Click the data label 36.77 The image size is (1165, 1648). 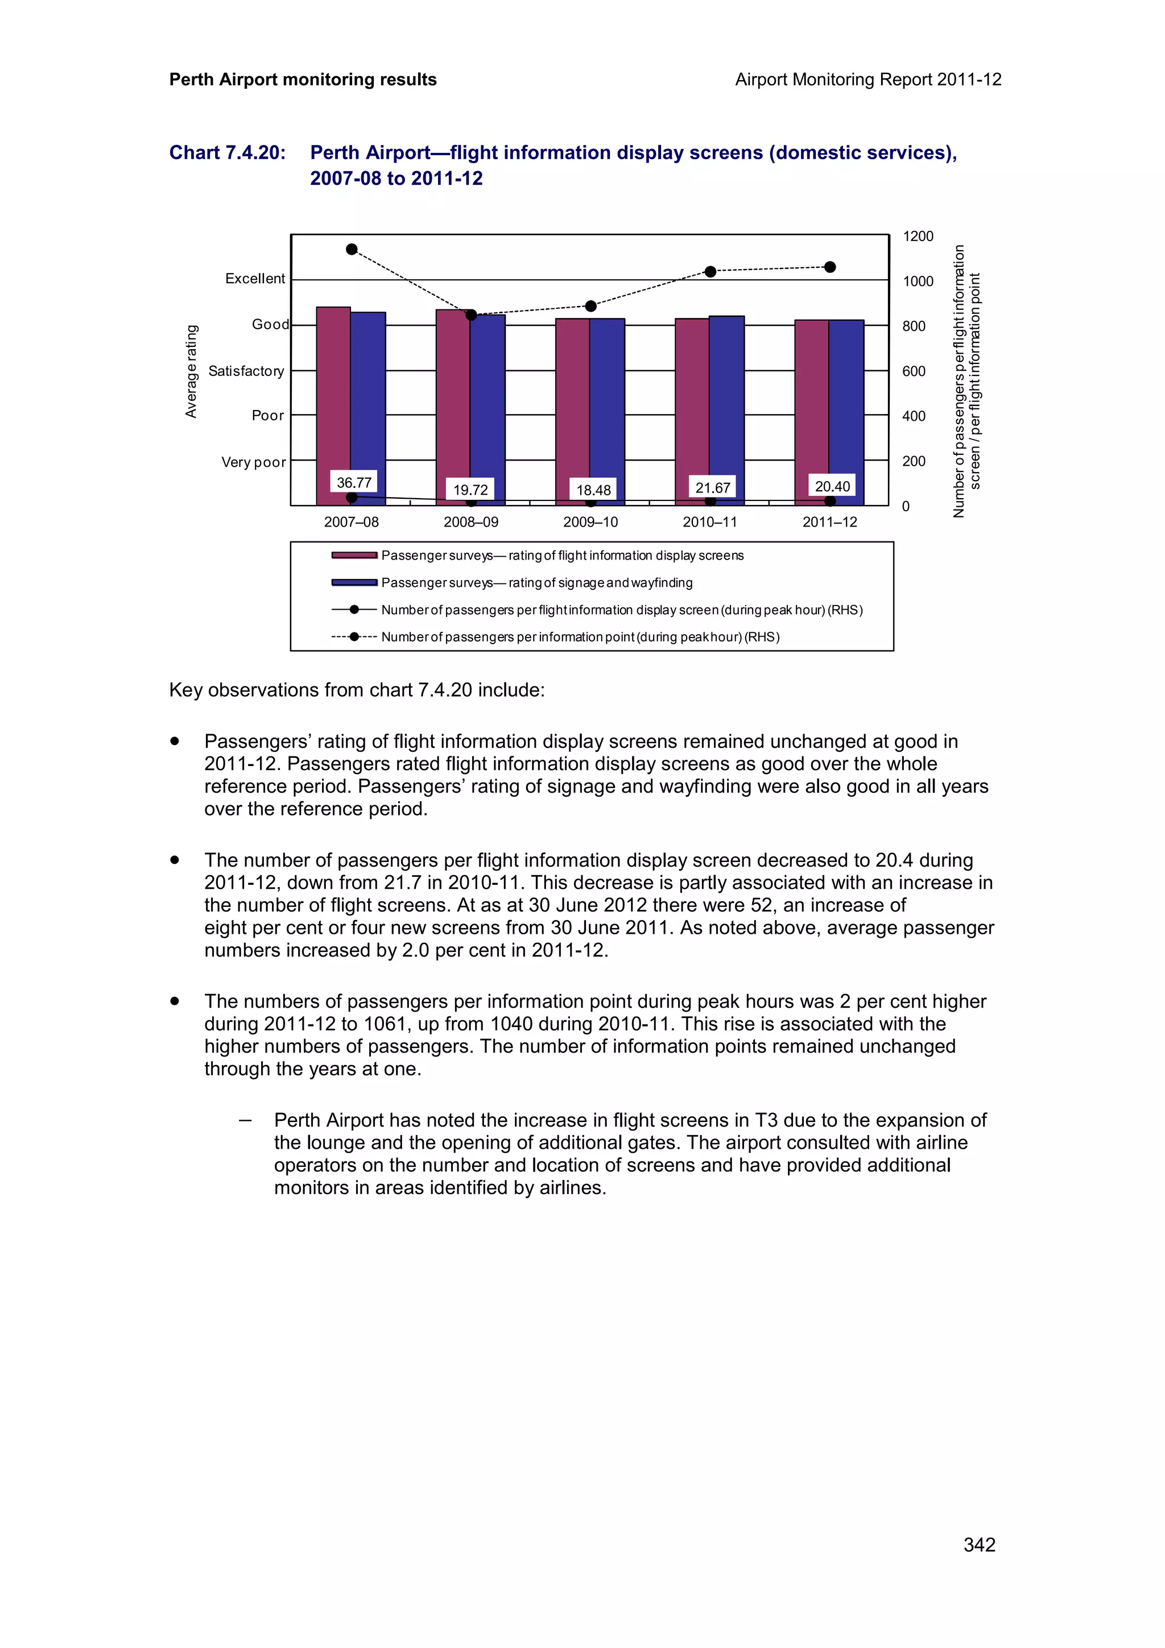coord(354,482)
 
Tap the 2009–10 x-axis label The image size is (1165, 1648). coord(590,522)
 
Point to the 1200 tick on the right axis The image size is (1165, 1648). coord(918,236)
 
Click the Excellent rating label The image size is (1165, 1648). coord(255,279)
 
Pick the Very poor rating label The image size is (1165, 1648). coord(253,462)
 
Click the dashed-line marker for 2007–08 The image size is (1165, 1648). coord(352,249)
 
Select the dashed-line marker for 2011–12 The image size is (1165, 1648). coord(830,267)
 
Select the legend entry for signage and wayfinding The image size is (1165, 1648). coord(536,583)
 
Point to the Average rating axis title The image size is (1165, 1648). coord(191,371)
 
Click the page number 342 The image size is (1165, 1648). coord(979,1545)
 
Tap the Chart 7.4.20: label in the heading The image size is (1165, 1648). coord(227,153)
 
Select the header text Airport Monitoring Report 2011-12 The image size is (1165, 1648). coord(868,80)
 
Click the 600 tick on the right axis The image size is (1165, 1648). coord(913,371)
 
